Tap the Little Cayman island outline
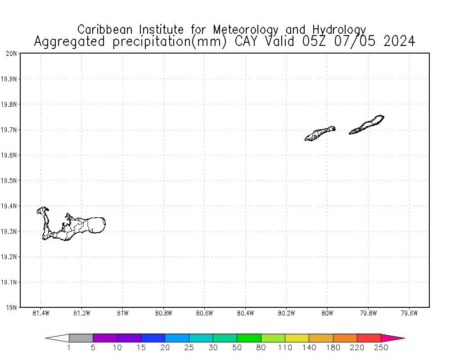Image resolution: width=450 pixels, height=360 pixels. (x=320, y=133)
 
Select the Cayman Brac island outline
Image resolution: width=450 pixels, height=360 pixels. (x=367, y=125)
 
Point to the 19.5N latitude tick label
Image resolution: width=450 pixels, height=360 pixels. (x=10, y=181)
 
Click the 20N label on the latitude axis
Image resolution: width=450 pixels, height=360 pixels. (x=12, y=54)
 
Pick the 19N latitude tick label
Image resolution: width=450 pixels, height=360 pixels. (x=12, y=308)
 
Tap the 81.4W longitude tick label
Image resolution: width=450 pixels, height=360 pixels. (x=41, y=313)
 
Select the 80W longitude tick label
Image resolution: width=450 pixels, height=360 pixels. (x=327, y=313)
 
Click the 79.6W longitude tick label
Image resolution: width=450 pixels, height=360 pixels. (x=409, y=313)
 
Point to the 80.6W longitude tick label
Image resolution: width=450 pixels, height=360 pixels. (x=204, y=313)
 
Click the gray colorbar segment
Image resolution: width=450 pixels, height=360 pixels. (x=81, y=338)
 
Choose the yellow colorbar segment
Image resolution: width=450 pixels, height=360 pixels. (x=297, y=338)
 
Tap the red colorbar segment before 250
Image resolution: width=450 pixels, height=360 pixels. (x=369, y=338)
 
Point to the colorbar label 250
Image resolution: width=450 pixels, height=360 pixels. (x=381, y=347)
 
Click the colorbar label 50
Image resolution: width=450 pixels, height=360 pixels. (x=237, y=347)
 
